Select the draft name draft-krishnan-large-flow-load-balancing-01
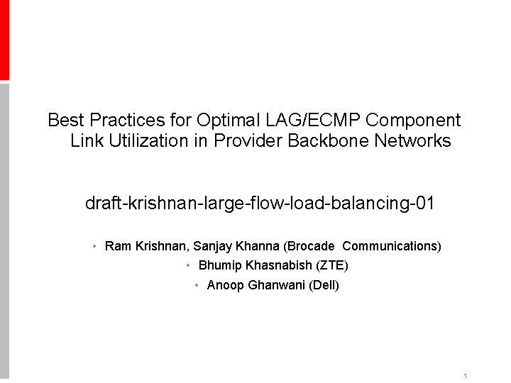(260, 205)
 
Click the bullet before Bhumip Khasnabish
(188, 266)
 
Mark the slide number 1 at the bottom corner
(463, 375)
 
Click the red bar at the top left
(4, 39)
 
